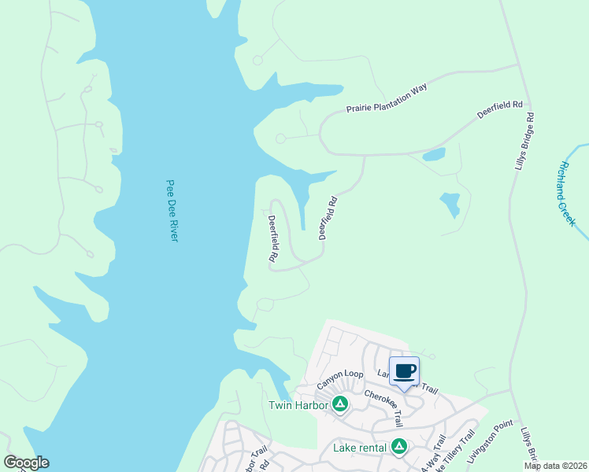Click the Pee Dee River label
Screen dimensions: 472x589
click(172, 210)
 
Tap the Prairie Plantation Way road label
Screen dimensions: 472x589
click(386, 99)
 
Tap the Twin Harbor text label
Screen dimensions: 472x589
click(298, 405)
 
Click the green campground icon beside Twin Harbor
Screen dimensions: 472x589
click(340, 404)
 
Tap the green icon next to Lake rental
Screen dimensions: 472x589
click(399, 447)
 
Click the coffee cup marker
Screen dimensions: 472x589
click(405, 372)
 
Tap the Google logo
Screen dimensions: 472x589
click(26, 463)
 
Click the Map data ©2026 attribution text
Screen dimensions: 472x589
click(555, 466)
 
